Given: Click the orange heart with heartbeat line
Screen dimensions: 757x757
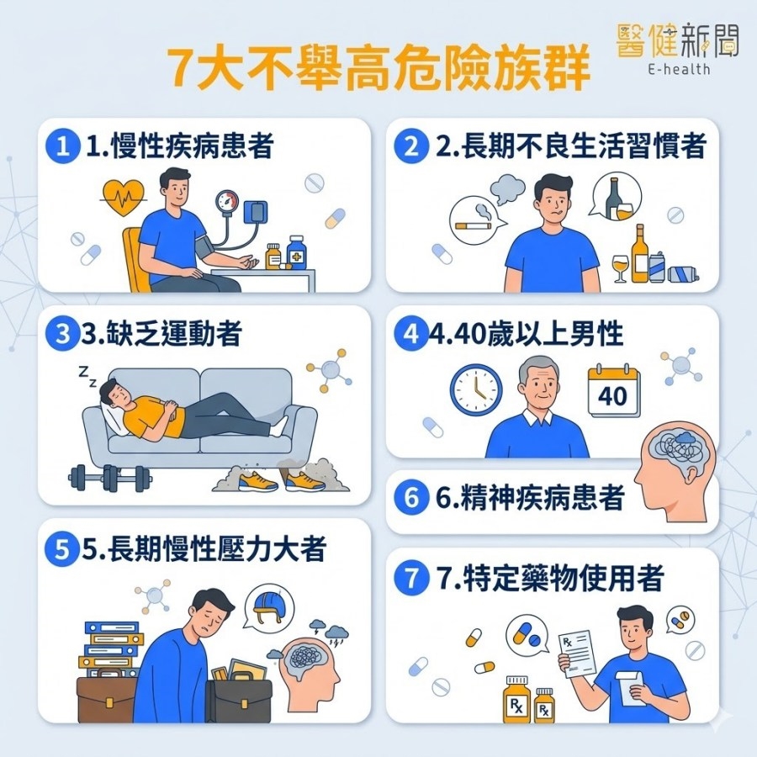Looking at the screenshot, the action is pos(123,198).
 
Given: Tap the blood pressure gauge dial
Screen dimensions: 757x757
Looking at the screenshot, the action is pos(227,200).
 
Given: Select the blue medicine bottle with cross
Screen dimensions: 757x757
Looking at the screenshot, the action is pos(296,252).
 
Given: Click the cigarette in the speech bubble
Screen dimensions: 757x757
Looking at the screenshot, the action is pos(474,225).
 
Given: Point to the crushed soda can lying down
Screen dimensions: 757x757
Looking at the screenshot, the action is pos(683,274).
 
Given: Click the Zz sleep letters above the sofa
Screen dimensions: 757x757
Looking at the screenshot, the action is pos(87,377).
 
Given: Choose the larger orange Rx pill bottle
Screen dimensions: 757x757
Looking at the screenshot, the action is pos(516,700).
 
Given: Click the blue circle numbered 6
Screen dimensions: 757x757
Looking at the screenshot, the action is pos(410,498).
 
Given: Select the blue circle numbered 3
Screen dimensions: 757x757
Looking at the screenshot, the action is pos(62,334).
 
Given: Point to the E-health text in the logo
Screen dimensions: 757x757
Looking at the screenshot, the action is pos(679,69).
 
